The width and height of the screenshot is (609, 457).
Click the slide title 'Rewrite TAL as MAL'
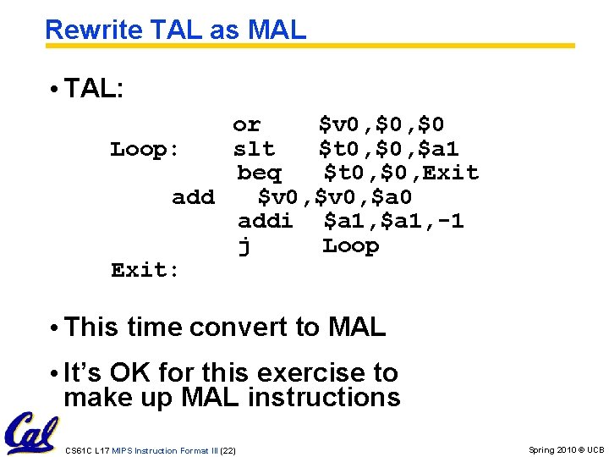coord(175,30)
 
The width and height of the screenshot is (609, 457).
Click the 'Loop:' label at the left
coord(145,150)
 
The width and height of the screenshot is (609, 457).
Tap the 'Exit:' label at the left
coord(145,271)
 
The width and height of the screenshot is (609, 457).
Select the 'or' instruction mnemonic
coord(246,125)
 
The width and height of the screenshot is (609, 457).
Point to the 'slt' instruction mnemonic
coord(254,150)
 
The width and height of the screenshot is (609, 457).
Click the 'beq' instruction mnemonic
coord(259,173)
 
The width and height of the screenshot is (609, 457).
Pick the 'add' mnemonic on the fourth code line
coord(193,198)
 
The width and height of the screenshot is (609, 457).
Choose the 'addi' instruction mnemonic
coord(265,222)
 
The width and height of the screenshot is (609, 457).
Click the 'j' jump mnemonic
coord(244,246)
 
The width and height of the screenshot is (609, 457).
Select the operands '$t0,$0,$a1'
coord(388,150)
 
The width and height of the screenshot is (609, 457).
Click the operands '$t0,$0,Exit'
coord(401,173)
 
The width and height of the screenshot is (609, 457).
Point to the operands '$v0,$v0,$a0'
coord(334,198)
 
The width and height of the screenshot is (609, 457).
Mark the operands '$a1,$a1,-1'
coord(393,222)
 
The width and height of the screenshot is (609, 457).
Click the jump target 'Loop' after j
coord(350,246)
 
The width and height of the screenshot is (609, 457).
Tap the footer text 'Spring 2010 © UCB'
coord(566,449)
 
